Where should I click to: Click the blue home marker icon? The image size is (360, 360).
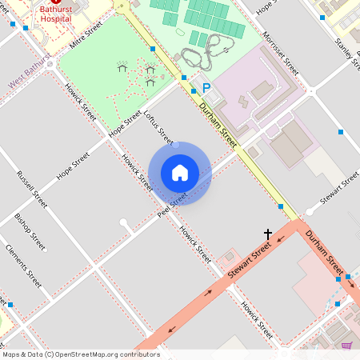pos(179,173)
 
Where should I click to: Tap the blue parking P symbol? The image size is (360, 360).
pos(206,88)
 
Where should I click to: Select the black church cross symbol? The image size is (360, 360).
pos(268,234)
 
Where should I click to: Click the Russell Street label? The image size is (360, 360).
pos(31,182)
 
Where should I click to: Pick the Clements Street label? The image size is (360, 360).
pos(23,266)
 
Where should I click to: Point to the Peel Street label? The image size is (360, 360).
pos(171,204)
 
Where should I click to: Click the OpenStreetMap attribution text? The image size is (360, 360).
pos(80,354)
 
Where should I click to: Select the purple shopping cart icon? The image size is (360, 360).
pos(346,346)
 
